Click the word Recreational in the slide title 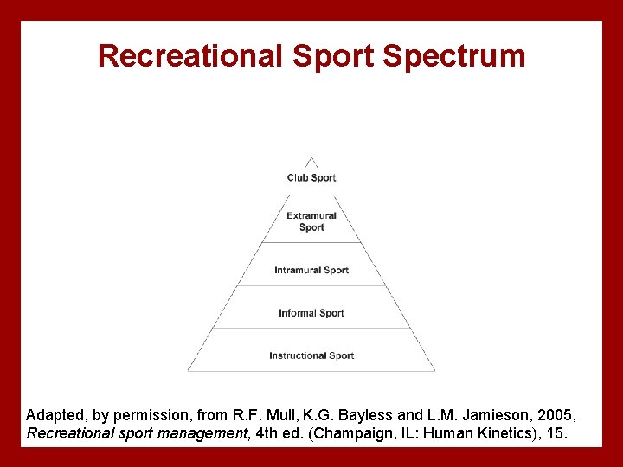[x=189, y=56]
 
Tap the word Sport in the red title [x=334, y=56]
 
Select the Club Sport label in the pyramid [x=311, y=178]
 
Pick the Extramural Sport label [x=311, y=221]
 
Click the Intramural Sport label [x=311, y=271]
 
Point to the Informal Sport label [x=311, y=313]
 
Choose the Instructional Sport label [x=311, y=355]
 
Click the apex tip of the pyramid [x=311, y=157]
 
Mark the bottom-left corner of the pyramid [x=188, y=371]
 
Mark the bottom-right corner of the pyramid [x=435, y=371]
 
